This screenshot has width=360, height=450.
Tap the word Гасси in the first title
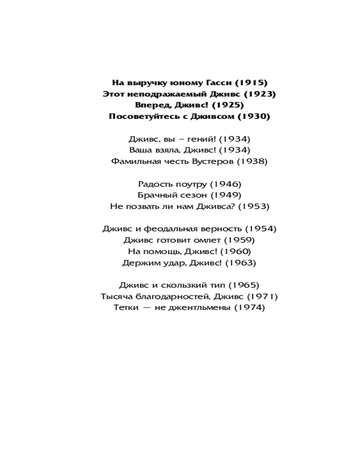pos(207,82)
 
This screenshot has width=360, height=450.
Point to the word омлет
pos(206,240)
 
